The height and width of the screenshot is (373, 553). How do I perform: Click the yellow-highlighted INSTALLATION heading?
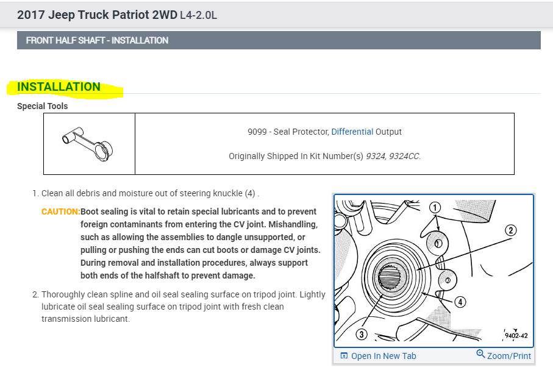pyautogui.click(x=59, y=87)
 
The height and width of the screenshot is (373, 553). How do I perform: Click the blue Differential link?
pyautogui.click(x=352, y=132)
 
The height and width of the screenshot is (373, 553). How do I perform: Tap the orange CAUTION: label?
pyautogui.click(x=60, y=211)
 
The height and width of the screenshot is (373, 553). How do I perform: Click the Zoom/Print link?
pyautogui.click(x=508, y=356)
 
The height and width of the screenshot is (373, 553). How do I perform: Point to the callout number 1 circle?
pyautogui.click(x=435, y=207)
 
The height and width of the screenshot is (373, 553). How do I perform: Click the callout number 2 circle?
pyautogui.click(x=510, y=230)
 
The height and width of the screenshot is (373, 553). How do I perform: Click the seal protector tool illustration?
pyautogui.click(x=88, y=143)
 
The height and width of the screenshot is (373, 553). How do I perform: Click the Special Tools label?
pyautogui.click(x=43, y=106)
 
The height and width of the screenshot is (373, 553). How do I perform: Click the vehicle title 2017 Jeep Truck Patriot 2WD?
pyautogui.click(x=97, y=15)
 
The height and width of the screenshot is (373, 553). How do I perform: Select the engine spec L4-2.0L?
pyautogui.click(x=199, y=15)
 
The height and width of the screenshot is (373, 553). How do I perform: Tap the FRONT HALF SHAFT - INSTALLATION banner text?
pyautogui.click(x=97, y=40)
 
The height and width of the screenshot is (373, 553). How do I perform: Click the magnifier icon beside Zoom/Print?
pyautogui.click(x=480, y=355)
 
